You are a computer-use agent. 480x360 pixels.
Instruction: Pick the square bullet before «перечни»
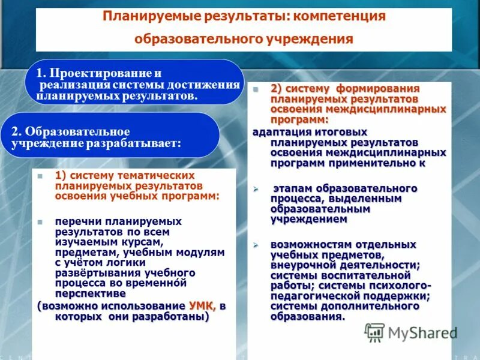tap(40, 222)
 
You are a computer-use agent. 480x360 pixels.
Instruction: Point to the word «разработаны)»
tap(175, 316)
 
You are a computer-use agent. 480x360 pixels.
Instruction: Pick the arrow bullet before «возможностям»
tap(255, 245)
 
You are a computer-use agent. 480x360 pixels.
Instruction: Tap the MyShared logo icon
tap(374, 332)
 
